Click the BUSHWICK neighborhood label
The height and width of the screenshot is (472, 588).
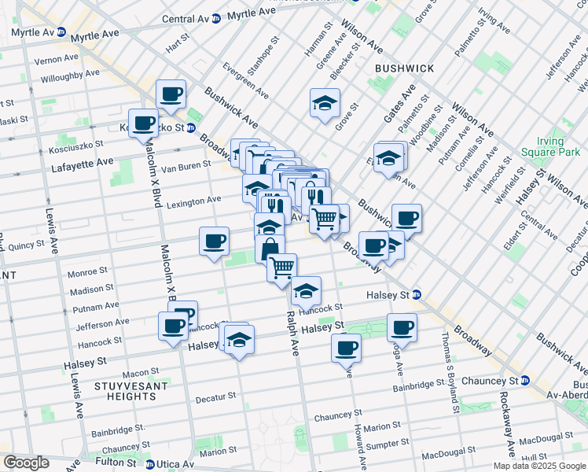[404, 68]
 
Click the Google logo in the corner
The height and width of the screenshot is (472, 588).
[25, 463]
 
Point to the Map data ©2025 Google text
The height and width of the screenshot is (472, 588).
[540, 466]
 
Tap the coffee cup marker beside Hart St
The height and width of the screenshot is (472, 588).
[171, 95]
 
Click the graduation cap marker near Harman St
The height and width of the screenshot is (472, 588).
[324, 103]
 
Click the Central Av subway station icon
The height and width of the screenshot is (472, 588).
[215, 18]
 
